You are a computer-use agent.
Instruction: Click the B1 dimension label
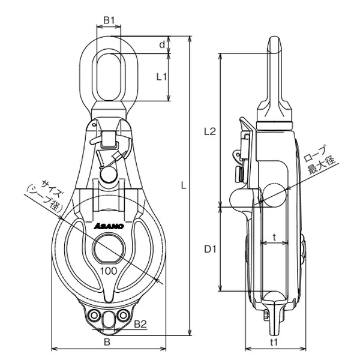tap(109, 20)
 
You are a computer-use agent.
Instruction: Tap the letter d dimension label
tap(162, 44)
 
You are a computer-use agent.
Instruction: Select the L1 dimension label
tap(161, 77)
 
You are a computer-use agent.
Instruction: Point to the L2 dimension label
tap(210, 131)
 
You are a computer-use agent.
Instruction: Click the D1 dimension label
tap(210, 249)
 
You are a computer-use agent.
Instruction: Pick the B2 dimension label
tap(140, 324)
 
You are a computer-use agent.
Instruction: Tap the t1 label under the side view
tap(274, 343)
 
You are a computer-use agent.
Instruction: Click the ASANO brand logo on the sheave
tap(109, 226)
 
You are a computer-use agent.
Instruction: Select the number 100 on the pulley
tap(109, 271)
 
